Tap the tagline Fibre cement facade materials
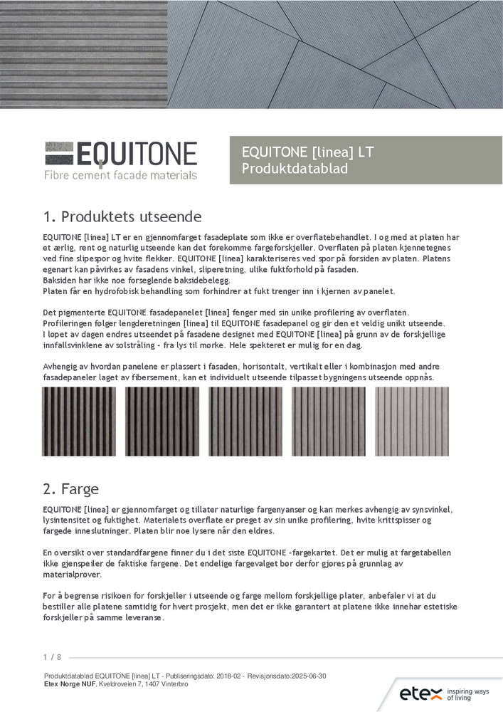click(x=120, y=174)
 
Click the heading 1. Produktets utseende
click(x=122, y=216)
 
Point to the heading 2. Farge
click(x=70, y=489)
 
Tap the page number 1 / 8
click(x=52, y=656)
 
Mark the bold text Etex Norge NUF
click(x=70, y=684)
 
